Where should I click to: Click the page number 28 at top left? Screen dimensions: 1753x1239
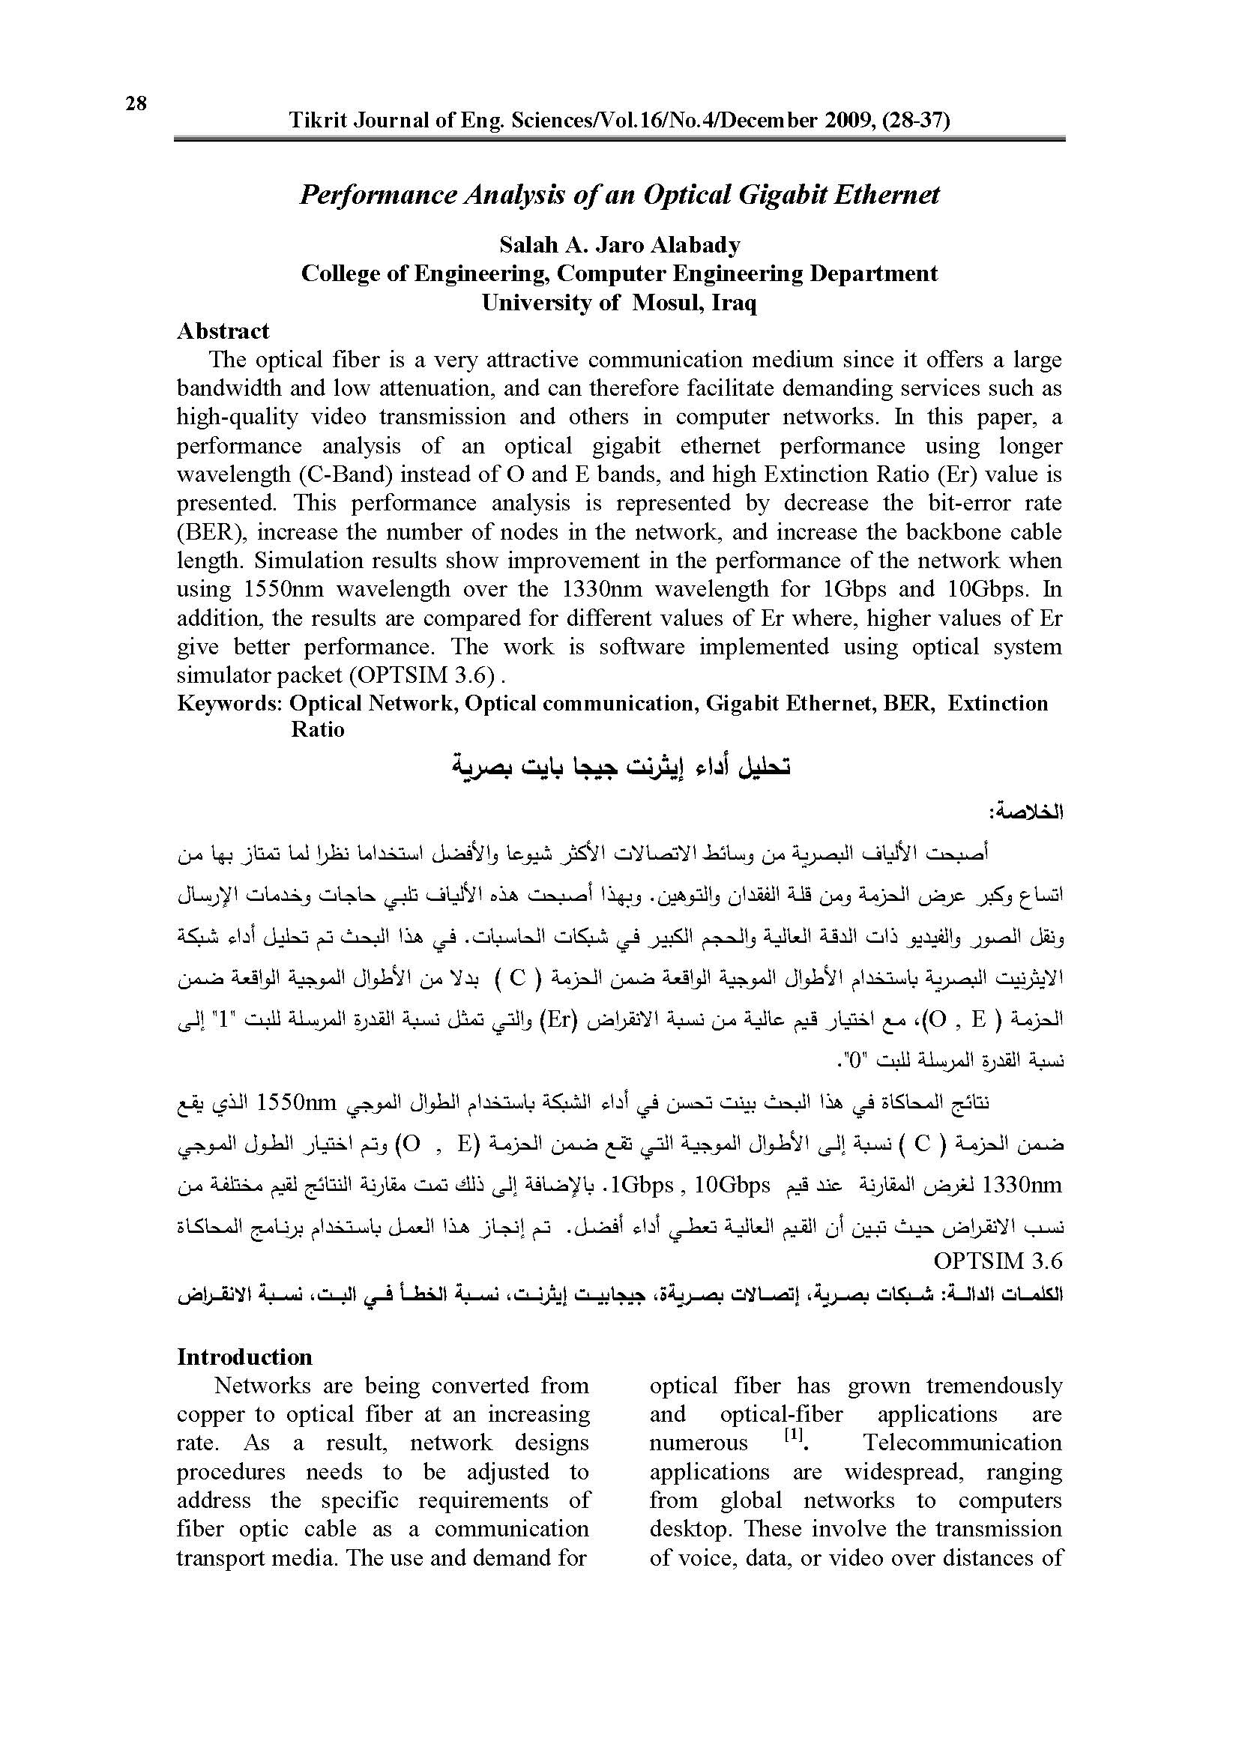(136, 103)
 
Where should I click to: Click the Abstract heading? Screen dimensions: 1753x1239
(223, 331)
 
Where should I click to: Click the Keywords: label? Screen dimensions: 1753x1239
(230, 703)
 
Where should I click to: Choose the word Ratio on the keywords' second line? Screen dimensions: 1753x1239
(318, 729)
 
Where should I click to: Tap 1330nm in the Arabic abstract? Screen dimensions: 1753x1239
(1022, 1185)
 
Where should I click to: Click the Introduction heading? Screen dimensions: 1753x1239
(244, 1357)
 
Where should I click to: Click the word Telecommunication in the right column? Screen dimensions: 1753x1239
(962, 1442)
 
